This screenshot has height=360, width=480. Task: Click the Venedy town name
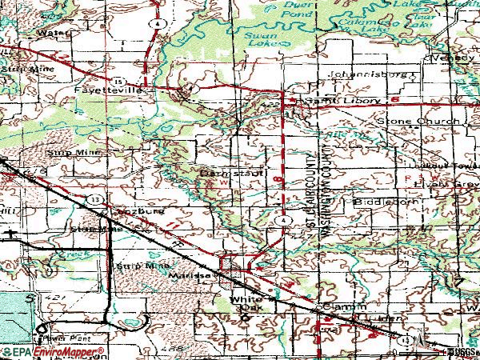pyautogui.click(x=454, y=58)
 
